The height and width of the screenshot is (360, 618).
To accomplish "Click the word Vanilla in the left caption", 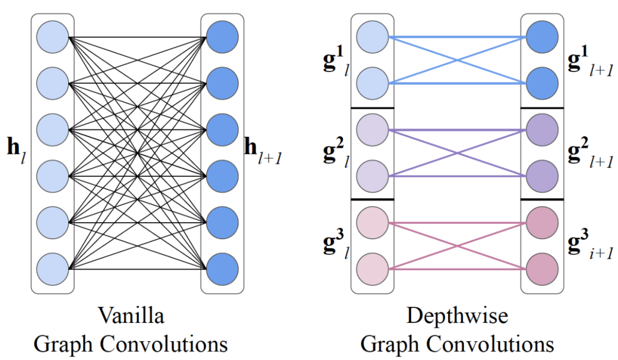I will (x=131, y=317).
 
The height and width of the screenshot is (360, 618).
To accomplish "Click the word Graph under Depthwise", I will (x=389, y=343).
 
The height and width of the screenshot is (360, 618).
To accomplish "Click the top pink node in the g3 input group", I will (x=373, y=222).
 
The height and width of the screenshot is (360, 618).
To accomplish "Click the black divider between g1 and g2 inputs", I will (x=373, y=108).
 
